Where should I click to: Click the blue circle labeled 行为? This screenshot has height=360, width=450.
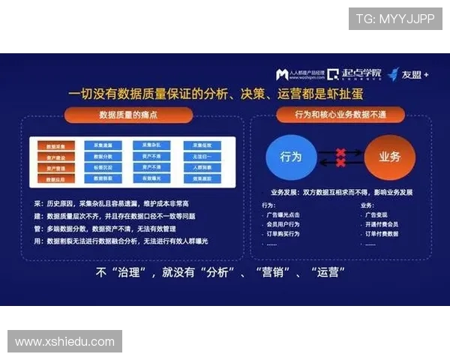tap(291, 157)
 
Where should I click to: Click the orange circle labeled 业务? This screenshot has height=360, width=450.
tap(389, 157)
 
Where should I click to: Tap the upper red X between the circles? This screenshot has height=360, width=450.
tap(340, 152)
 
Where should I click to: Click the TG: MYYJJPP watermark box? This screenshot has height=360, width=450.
tap(394, 19)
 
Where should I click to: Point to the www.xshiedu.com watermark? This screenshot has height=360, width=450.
tap(64, 342)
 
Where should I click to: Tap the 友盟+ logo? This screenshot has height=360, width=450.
tap(409, 74)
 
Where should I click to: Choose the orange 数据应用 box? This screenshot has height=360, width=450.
tap(56, 180)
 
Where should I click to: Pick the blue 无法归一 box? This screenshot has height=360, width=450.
tap(202, 157)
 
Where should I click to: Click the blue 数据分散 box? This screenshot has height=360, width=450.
tap(103, 157)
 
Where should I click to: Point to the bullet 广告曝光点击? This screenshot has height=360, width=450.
tap(287, 214)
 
